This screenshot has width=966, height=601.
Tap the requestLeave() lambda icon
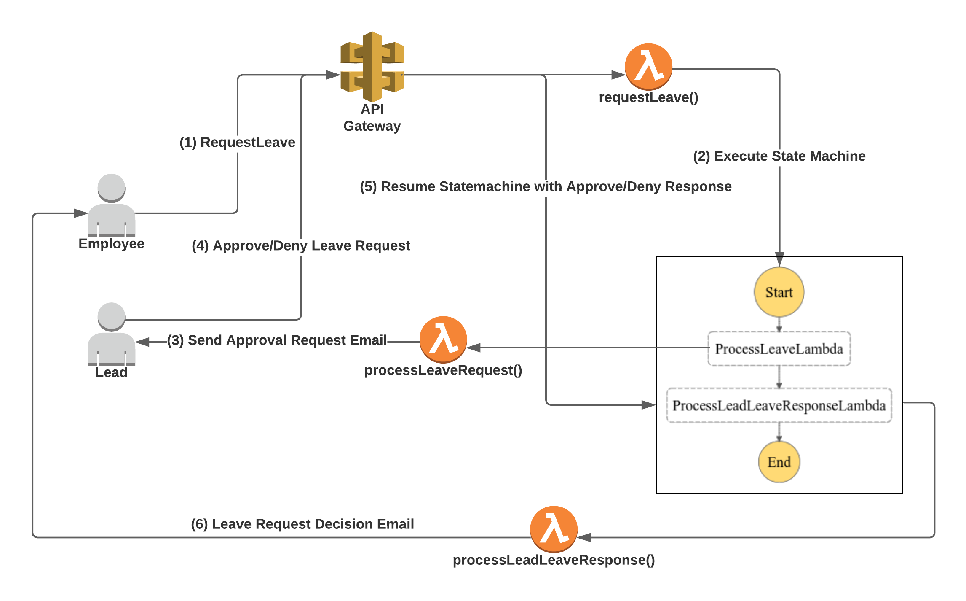[648, 67]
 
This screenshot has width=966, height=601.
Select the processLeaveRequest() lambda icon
[443, 340]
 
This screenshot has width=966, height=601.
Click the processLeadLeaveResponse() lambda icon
[554, 529]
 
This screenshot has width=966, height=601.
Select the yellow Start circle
[779, 292]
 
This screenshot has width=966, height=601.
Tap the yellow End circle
[779, 462]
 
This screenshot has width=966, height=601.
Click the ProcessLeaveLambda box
[779, 349]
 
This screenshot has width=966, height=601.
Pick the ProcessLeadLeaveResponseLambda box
[779, 405]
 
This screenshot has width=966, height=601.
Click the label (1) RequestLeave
[237, 143]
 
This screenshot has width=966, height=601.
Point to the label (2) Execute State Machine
[779, 156]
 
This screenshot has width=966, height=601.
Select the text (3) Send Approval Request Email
[277, 340]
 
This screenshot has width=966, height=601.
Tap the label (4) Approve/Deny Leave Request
[301, 245]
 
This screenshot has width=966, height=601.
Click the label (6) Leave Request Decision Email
[302, 524]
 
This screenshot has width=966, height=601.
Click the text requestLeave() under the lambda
[648, 97]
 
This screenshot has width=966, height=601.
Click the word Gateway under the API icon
[372, 126]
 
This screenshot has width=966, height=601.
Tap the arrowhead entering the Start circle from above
[779, 259]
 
